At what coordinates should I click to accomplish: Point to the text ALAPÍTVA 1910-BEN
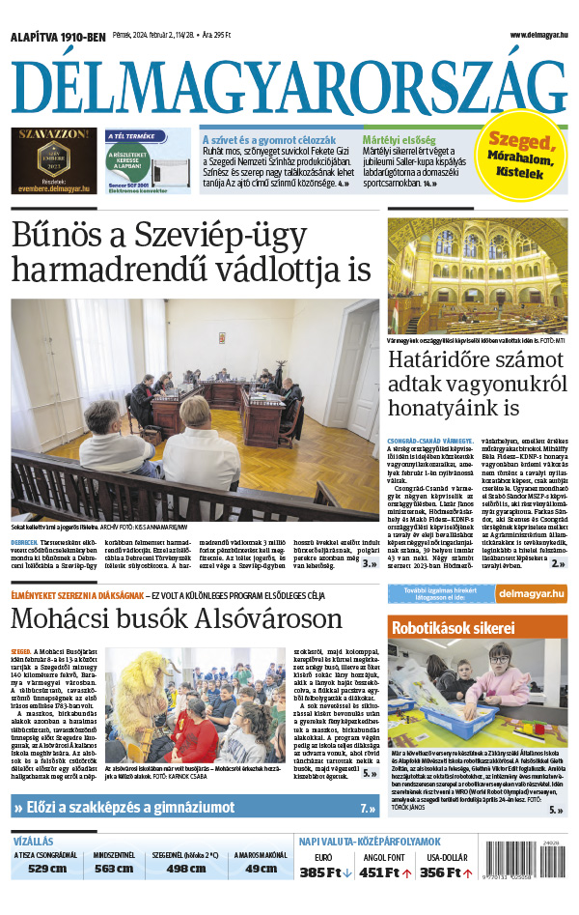pos(58,36)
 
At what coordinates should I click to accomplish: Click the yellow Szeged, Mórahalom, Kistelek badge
pos(522,157)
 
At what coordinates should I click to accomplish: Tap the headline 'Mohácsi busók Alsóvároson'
pos(177,618)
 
